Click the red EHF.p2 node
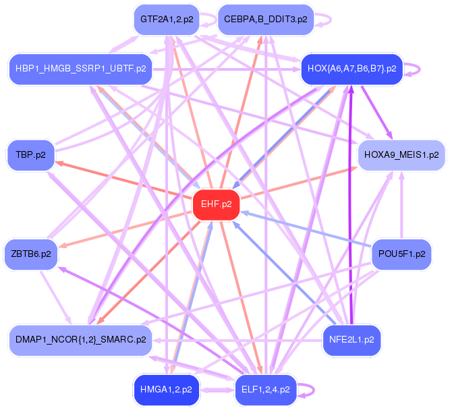coord(217,204)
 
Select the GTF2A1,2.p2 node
coord(166,19)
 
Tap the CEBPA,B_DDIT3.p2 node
coord(265,19)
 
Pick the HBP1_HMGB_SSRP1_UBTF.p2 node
coord(80,69)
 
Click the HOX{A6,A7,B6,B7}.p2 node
coord(351,69)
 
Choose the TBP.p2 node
coord(30,154)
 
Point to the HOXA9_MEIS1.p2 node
coord(401,154)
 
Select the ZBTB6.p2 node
coord(30,254)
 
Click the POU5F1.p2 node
coord(401,254)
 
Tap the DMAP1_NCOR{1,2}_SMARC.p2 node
coord(80,339)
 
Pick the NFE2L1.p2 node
coord(351,339)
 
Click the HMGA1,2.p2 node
coord(166,389)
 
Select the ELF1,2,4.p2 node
coord(265,389)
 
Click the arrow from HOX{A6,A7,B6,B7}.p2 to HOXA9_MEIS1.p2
coord(375,111)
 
